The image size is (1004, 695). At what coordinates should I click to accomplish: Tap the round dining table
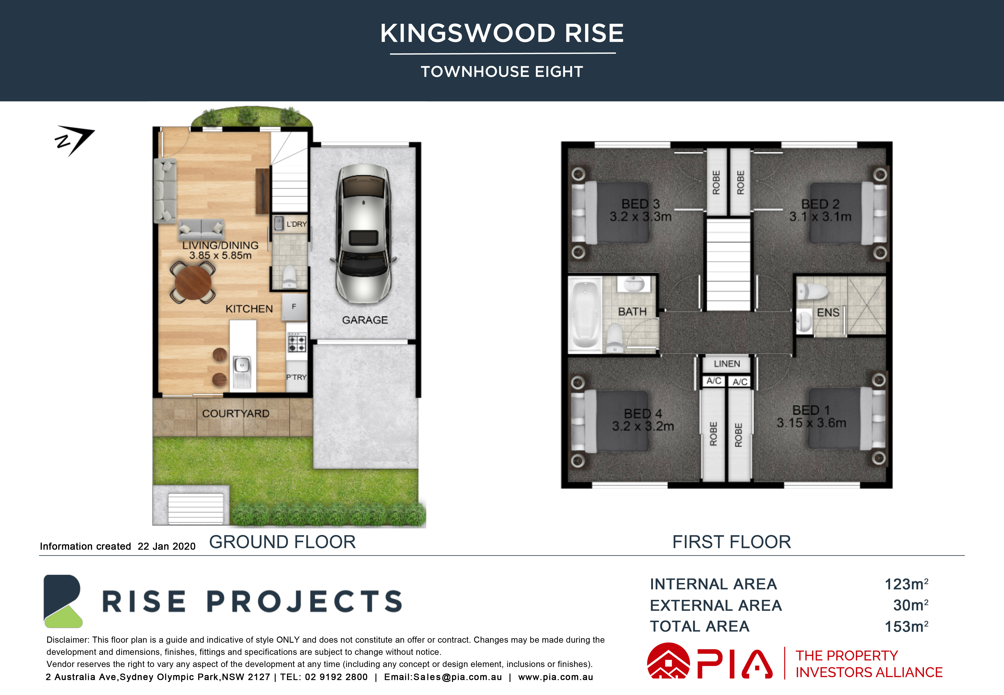click(x=193, y=282)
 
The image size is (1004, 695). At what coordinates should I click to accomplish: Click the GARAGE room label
click(x=365, y=320)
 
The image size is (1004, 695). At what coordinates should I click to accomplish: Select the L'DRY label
click(x=297, y=224)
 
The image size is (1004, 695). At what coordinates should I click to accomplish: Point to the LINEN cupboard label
click(x=727, y=364)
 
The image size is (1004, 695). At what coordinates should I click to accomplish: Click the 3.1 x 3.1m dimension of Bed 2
click(x=820, y=216)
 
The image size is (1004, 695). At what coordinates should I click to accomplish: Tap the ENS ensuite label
click(x=828, y=313)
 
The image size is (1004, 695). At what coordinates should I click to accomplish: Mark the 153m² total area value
click(x=906, y=626)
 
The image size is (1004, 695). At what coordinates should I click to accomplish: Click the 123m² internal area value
click(x=906, y=584)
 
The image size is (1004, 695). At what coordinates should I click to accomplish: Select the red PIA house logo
click(x=668, y=661)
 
